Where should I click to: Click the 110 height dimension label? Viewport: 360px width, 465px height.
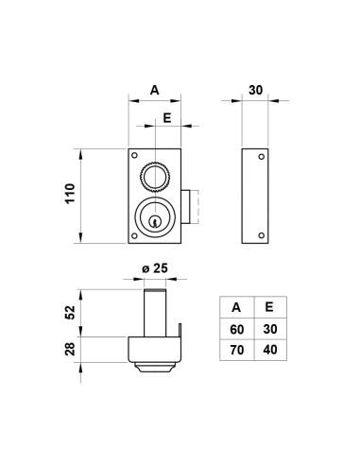click(x=70, y=194)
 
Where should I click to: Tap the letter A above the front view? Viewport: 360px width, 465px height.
click(x=155, y=90)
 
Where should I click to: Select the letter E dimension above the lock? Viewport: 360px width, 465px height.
click(x=167, y=118)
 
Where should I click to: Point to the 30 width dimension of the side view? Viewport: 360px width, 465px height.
click(x=255, y=90)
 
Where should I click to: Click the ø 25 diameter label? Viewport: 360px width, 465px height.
click(x=155, y=268)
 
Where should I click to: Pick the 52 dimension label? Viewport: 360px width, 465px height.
click(x=70, y=313)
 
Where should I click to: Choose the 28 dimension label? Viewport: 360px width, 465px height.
click(x=70, y=349)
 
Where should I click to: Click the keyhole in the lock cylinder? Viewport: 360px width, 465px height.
click(x=154, y=221)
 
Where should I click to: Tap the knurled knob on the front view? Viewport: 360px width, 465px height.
click(x=155, y=178)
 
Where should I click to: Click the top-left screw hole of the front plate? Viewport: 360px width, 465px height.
click(x=134, y=155)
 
